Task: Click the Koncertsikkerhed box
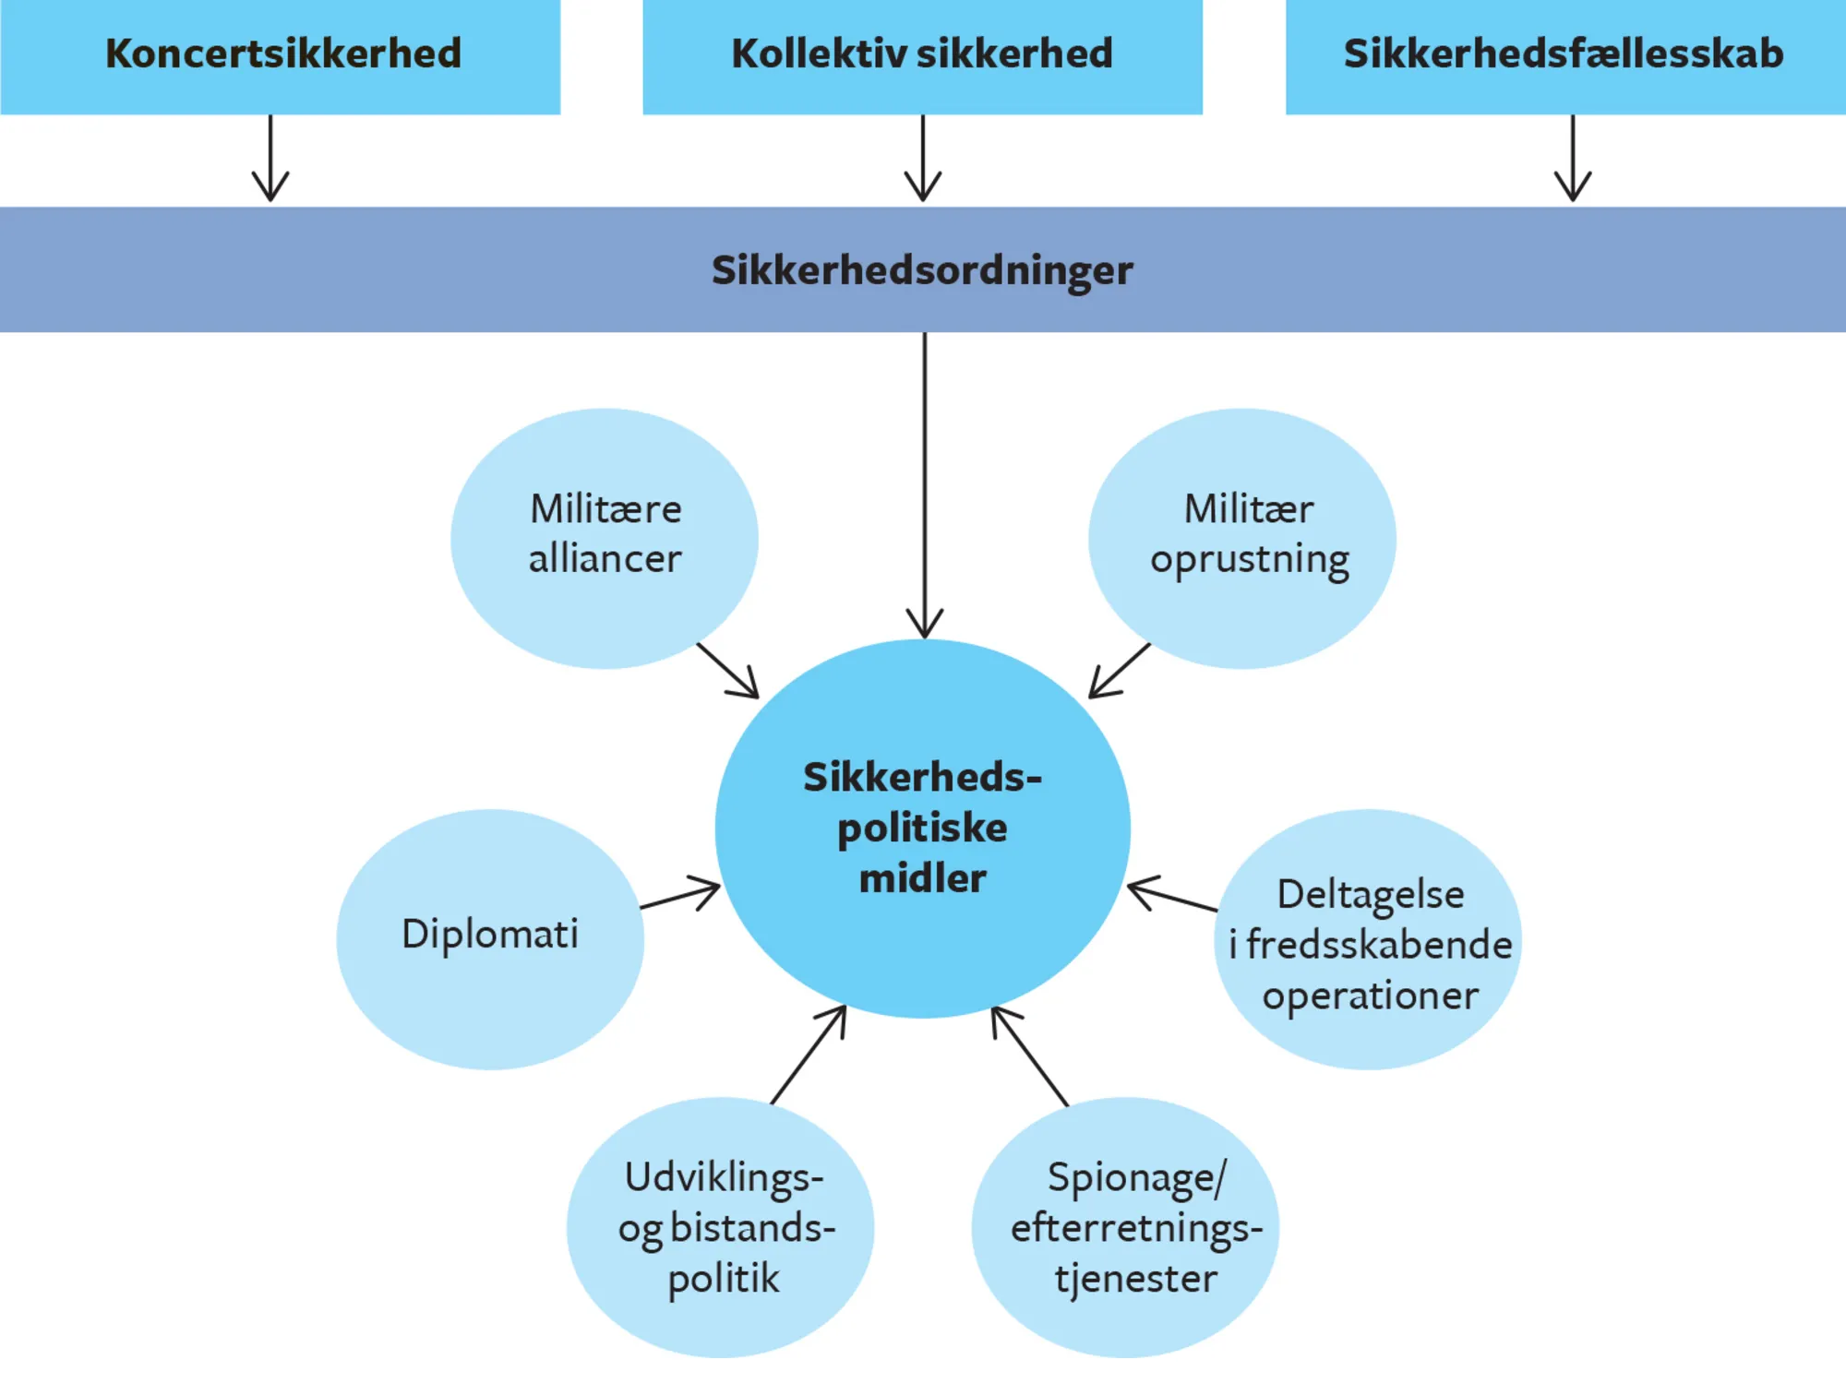coord(281,55)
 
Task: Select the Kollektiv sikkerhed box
coord(922,55)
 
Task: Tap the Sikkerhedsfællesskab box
coord(1564,55)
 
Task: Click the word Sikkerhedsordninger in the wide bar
coord(922,270)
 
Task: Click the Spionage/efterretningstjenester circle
coord(1125,1227)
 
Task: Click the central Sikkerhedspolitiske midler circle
coord(923,828)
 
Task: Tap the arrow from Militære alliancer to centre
coord(728,671)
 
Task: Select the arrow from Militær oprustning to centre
coord(1120,671)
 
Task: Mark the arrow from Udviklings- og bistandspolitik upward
coord(809,1055)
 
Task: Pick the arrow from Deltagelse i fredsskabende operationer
coord(1172,896)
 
